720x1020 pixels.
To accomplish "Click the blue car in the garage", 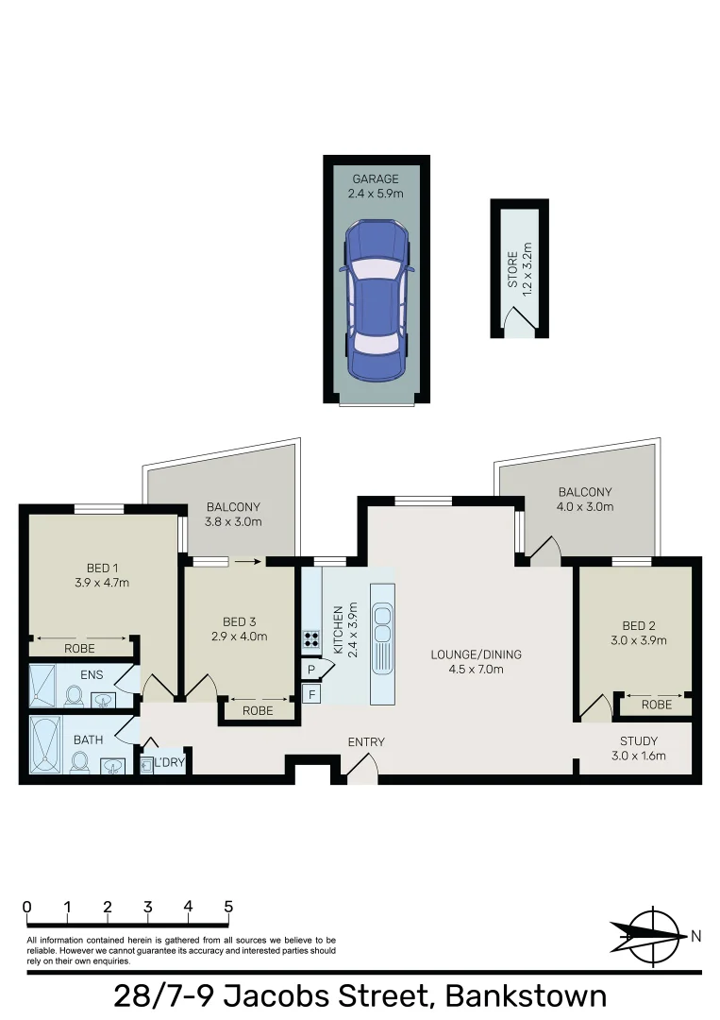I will [x=377, y=299].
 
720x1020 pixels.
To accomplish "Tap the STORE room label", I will [x=512, y=269].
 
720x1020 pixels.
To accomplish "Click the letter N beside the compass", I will [x=695, y=937].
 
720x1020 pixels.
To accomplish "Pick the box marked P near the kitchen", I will [x=310, y=670].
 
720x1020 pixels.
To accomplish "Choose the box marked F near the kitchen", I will [x=310, y=694].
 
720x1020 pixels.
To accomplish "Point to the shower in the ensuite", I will [x=42, y=685].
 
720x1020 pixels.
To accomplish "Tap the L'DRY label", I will [x=168, y=762].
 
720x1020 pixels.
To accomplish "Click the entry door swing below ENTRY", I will [x=362, y=770].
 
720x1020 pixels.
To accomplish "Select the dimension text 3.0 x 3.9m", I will [x=639, y=640].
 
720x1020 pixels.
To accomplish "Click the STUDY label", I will [x=639, y=740].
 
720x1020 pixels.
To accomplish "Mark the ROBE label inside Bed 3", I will [x=258, y=710].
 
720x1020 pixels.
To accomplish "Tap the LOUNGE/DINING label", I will [x=476, y=654].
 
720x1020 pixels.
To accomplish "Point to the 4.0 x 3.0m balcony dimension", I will [x=585, y=507].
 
